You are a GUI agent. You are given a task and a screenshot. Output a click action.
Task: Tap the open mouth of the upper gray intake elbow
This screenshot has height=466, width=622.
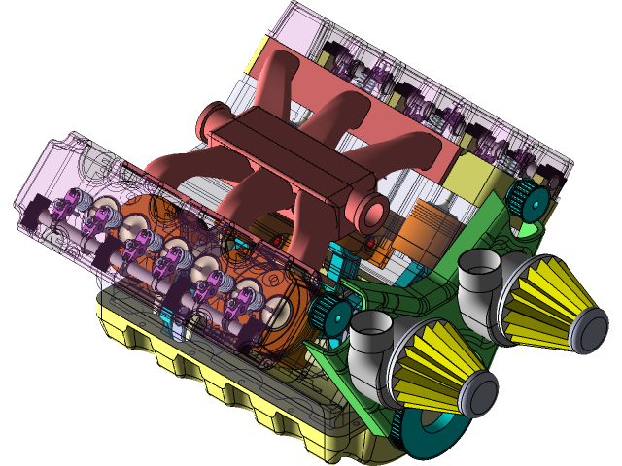(x=477, y=259)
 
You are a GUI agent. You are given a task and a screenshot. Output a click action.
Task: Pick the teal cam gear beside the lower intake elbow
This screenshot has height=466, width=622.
(x=330, y=312)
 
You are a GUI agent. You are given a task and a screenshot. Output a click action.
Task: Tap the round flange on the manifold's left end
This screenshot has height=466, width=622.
(x=209, y=123)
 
